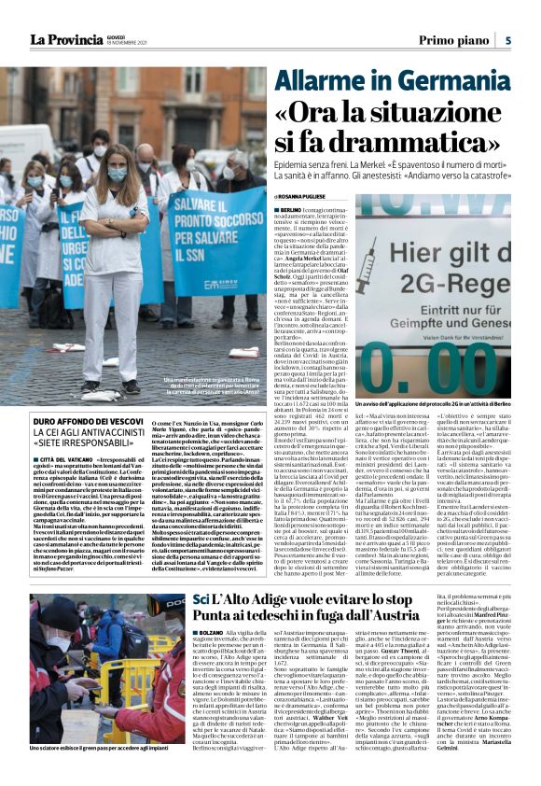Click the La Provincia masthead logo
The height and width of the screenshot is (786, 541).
[64, 39]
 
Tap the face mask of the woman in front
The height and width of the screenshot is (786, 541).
[118, 174]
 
